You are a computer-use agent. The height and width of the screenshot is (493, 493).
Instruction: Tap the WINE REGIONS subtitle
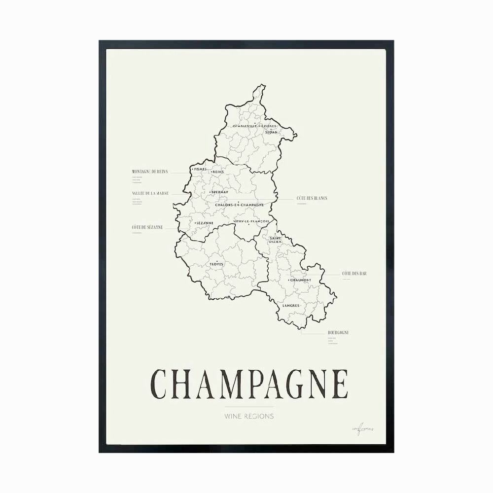pos(249,416)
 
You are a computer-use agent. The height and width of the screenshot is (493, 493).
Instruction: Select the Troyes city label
pos(216,264)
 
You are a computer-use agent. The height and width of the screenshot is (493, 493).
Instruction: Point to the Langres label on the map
pos(291,306)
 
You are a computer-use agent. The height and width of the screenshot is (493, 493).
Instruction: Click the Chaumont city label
pos(300,280)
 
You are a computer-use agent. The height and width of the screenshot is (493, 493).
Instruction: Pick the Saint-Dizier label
pos(275,240)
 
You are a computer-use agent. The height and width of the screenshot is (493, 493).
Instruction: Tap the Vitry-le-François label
pos(251,221)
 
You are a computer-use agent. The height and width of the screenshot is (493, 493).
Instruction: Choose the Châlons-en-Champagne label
pos(239,205)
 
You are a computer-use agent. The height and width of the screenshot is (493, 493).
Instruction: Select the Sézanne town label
pos(204,223)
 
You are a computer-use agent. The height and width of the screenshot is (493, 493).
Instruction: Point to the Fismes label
pos(200,169)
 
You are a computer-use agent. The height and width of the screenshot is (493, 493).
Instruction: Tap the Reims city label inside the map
pos(218,172)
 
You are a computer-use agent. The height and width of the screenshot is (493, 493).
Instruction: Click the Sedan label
pos(271,132)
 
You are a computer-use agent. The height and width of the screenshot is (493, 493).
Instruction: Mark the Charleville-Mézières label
pos(251,126)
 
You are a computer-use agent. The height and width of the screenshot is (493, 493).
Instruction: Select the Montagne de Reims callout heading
pos(150,172)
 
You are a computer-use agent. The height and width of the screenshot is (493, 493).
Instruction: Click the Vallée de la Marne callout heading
pos(150,193)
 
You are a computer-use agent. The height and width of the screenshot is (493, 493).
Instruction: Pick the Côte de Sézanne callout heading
pos(147,227)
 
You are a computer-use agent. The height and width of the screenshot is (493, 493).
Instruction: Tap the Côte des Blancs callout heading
pos(312,198)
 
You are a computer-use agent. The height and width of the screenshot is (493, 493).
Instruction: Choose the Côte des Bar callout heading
pos(354,273)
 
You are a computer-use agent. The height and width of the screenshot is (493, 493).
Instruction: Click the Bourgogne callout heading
pos(338,333)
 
